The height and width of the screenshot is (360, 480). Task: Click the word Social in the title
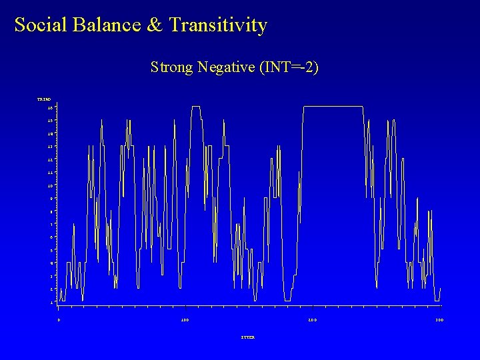pos(39,25)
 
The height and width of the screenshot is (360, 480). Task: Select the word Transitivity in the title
pos(218,25)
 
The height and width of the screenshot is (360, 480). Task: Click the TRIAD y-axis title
pos(44,99)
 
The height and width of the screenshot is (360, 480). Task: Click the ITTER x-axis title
pos(247,337)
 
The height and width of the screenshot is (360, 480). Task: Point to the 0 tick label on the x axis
pos(59,320)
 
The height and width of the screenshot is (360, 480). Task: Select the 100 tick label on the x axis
pos(185,320)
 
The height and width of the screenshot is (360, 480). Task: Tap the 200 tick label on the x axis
pos(312,320)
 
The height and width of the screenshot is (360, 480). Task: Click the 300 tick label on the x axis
pos(439,320)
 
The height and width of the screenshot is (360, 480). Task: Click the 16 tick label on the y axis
pos(50,107)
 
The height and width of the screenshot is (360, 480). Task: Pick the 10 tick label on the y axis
pos(50,185)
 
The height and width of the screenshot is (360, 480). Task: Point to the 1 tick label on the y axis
pos(51,302)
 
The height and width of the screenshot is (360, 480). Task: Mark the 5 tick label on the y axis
pos(51,250)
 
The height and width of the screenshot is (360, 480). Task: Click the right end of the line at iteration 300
pos(440,288)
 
